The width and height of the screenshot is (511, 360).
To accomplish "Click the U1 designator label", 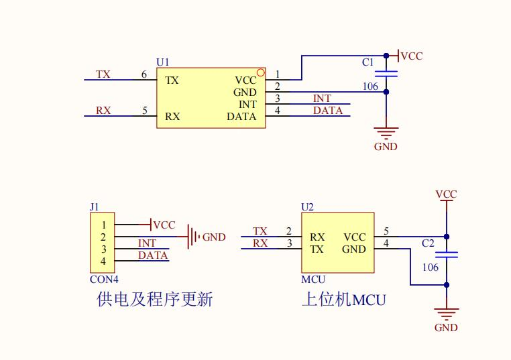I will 163,62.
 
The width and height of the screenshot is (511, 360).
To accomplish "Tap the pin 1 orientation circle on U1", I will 261,72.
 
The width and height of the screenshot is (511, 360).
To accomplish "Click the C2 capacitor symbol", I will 447,255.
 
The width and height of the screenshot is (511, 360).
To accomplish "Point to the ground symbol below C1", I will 386,132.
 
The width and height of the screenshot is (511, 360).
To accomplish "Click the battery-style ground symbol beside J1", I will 193,237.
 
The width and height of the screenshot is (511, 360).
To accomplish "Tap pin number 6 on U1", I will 144,74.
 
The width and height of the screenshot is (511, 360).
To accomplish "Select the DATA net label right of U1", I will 328,111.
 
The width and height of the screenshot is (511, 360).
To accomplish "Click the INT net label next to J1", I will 147,243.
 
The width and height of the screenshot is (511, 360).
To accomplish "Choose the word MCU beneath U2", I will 314,279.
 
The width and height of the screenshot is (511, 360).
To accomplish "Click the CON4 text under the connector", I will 105,279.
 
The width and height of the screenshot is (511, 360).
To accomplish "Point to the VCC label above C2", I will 446,194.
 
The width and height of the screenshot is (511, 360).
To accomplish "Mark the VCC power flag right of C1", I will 410,56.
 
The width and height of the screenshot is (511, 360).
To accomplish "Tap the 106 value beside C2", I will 430,267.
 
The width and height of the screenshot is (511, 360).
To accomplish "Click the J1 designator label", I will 95,206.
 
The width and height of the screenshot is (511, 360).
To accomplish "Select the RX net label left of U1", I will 103,111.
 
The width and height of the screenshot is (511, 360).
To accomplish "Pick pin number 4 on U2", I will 386,243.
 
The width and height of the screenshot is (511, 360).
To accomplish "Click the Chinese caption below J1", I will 155,299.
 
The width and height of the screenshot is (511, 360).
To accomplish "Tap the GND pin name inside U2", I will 354,249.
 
